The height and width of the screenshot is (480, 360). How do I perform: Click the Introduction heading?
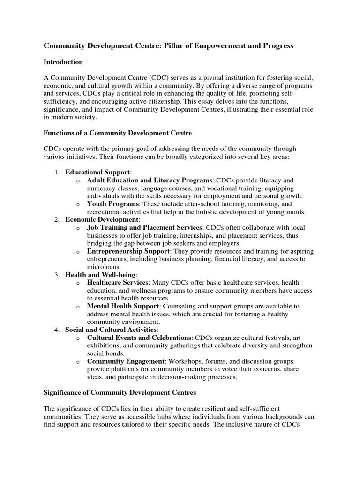tap(63, 62)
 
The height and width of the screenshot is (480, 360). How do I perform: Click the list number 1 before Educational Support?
tap(56, 172)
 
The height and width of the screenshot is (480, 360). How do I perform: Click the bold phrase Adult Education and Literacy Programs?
tap(150, 180)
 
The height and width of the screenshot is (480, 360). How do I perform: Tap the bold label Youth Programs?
tap(113, 204)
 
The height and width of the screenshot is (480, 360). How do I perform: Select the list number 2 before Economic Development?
tap(56, 219)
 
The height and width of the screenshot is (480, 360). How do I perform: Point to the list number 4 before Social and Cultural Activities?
tap(56, 330)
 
